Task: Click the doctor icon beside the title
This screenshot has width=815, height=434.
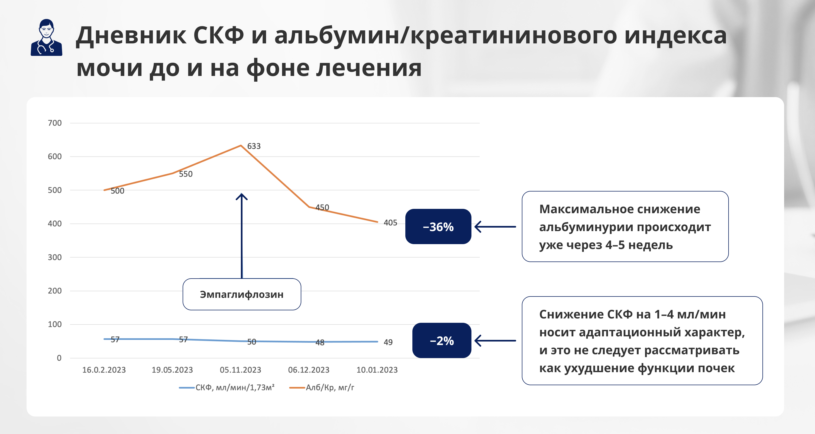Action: pos(47,37)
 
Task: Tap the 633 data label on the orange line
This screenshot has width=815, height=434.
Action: pos(254,146)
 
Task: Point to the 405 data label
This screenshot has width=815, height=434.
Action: pos(390,223)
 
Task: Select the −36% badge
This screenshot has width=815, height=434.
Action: pos(438,226)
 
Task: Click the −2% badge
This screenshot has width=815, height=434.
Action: pos(442,340)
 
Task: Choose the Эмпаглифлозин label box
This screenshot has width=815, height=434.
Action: pos(242,294)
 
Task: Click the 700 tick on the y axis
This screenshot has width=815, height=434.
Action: pos(55,123)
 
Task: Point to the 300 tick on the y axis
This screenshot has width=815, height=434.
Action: pos(55,257)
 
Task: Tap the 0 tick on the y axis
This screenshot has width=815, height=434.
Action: pos(59,358)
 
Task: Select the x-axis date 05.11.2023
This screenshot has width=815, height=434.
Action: pos(240,370)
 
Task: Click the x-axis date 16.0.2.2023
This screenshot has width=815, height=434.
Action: pos(104,370)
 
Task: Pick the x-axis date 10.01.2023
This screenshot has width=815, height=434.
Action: pos(377,370)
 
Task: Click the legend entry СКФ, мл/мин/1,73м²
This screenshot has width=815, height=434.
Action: pos(227,387)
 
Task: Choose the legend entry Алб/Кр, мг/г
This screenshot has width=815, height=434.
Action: pos(322,387)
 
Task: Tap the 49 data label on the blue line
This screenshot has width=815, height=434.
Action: pos(388,342)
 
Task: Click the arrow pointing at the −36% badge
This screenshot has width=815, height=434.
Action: pos(495,227)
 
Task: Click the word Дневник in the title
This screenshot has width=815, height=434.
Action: pos(131,36)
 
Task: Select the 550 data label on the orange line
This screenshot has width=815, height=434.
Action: pos(186,174)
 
